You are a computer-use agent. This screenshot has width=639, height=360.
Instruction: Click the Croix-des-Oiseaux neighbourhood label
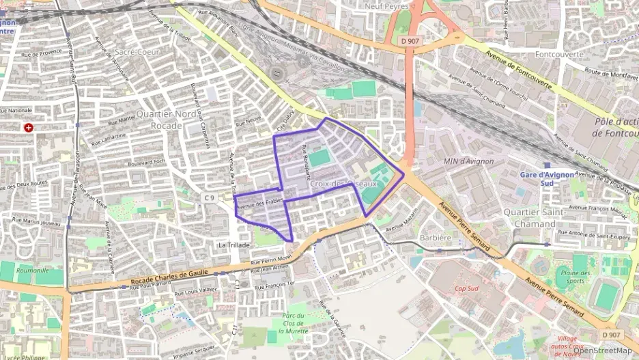(343, 184)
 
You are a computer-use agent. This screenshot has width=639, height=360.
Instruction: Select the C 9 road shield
(209, 198)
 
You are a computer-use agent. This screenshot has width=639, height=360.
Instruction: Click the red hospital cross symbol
(28, 127)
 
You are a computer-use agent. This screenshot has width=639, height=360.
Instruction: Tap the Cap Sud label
(468, 289)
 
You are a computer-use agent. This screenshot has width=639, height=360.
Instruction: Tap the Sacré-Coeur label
(134, 51)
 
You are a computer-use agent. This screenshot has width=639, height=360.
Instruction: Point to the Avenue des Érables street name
(259, 202)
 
